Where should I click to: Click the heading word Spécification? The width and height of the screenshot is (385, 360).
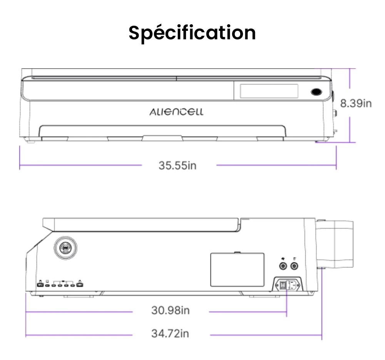(x=192, y=32)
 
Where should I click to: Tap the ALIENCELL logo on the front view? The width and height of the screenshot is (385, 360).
(x=176, y=112)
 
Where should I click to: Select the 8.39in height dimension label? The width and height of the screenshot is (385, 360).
(x=356, y=103)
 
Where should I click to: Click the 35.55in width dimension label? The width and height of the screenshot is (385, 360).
(x=177, y=165)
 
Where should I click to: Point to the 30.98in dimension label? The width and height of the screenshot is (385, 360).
(x=170, y=310)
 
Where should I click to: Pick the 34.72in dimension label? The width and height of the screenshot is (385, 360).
(x=170, y=333)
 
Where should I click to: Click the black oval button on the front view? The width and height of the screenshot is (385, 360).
(x=316, y=92)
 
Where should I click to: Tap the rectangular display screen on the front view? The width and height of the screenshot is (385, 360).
(x=269, y=91)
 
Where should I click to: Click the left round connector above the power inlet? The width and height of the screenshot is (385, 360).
(x=284, y=266)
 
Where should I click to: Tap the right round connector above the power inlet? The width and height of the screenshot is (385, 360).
(x=295, y=266)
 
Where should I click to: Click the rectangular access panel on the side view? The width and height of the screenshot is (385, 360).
(x=237, y=270)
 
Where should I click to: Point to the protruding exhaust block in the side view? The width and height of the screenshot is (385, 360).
(x=335, y=244)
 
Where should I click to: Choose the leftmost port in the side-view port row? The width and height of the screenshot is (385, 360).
(x=40, y=285)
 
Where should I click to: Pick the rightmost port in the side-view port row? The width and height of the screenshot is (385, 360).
(x=80, y=285)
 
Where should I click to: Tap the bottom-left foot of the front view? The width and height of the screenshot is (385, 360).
(x=29, y=141)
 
